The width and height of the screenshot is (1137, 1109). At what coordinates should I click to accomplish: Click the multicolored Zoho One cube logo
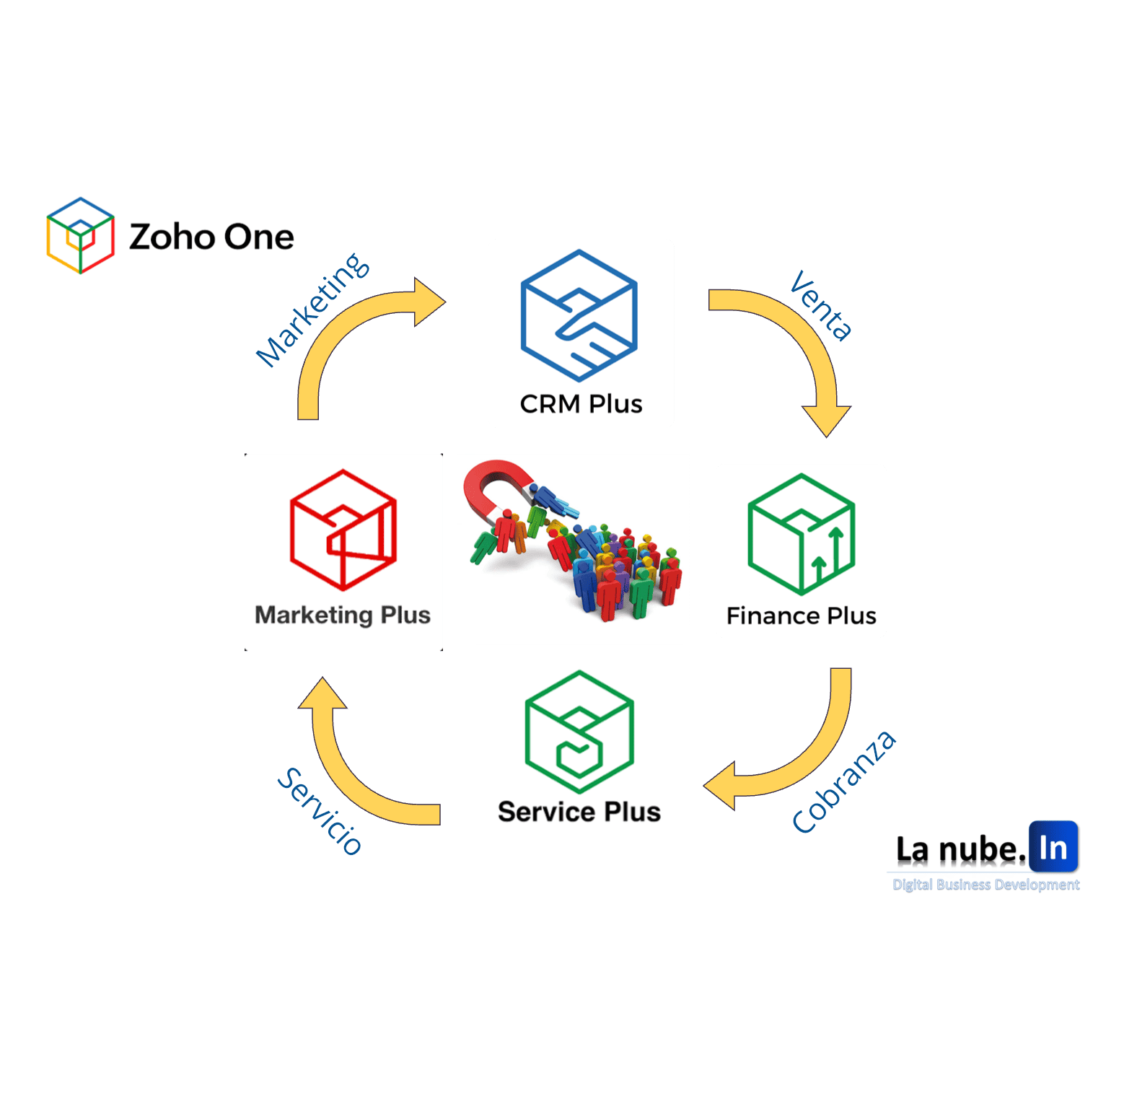(x=80, y=235)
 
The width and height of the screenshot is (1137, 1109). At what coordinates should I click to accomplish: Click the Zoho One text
(x=211, y=237)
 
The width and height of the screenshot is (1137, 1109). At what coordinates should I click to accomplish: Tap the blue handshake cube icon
(x=579, y=315)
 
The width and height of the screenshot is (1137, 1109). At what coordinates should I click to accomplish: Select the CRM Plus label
(x=581, y=404)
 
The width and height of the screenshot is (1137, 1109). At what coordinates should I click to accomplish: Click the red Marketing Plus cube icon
(x=343, y=530)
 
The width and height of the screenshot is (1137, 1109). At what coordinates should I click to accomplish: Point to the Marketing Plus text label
(x=343, y=615)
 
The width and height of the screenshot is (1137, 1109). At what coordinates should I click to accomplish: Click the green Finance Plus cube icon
(x=802, y=534)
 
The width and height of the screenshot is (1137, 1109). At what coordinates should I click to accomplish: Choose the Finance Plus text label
(x=801, y=615)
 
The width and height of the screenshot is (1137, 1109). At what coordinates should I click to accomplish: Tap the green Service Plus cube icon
(x=579, y=732)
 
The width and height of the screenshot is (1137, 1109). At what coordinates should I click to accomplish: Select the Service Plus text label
(x=579, y=812)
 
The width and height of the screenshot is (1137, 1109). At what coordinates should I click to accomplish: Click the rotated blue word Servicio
(x=320, y=811)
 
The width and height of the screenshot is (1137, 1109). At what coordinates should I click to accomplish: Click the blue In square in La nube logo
(x=1053, y=847)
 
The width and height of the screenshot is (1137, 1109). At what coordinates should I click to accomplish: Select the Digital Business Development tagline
(x=985, y=885)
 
